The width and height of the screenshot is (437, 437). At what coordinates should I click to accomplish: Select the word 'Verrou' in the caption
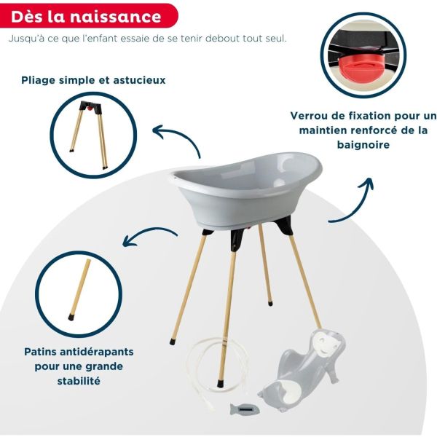coord(312,116)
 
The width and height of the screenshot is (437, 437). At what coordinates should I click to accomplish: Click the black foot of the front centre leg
coord(221,380)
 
